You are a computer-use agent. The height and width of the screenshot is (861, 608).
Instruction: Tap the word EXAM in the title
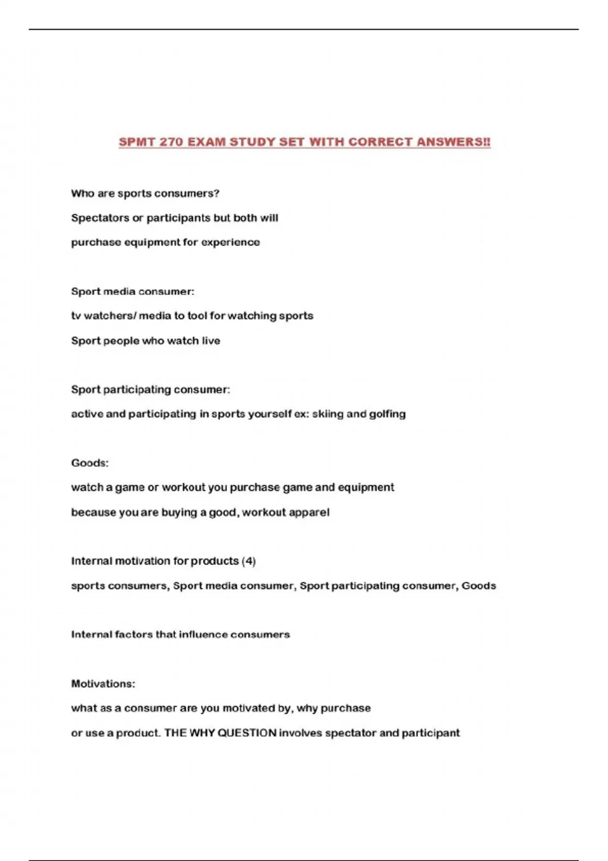206,142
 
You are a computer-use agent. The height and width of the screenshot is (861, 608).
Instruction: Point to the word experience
231,242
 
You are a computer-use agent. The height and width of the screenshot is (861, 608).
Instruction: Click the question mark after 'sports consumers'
217,193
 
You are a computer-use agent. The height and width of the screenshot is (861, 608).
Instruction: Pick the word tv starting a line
76,316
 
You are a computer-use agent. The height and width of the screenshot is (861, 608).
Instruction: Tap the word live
211,341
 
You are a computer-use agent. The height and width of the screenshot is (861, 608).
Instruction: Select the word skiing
328,414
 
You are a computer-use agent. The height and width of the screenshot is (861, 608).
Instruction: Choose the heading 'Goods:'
90,463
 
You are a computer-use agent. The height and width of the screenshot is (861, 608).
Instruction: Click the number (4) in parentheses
249,561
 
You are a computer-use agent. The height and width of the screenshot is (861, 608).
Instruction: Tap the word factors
133,635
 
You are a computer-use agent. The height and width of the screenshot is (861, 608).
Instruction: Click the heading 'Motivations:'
103,684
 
